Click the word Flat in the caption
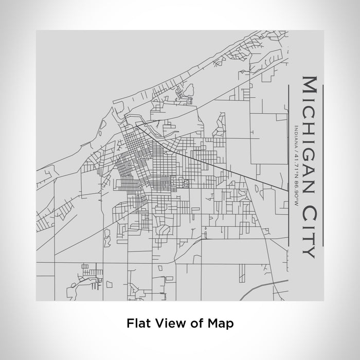137,323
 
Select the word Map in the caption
221,323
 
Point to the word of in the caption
193,323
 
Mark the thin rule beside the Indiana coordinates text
290,165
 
